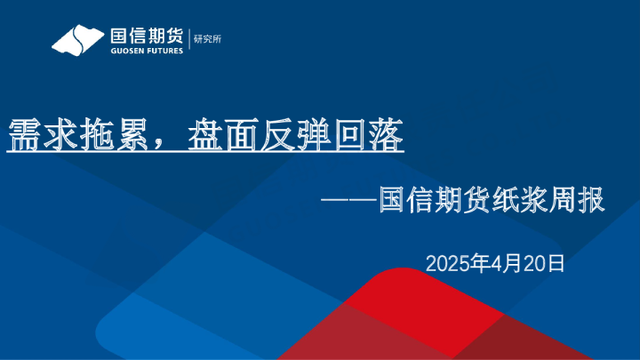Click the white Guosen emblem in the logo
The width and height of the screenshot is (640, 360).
pos(78,40)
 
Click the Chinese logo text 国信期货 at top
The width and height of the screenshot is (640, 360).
pos(146,36)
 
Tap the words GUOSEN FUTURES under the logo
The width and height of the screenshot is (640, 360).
pos(146,51)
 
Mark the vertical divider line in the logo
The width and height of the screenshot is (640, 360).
pos(188,40)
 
